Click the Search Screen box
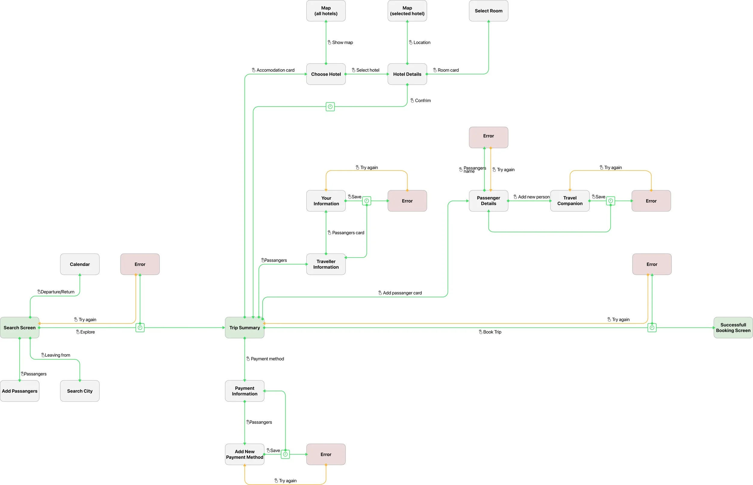click(x=20, y=327)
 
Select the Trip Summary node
click(x=245, y=327)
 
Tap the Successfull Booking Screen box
click(x=733, y=327)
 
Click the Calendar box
click(x=80, y=264)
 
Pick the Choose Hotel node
click(x=326, y=74)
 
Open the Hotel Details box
click(x=407, y=74)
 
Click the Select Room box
click(x=488, y=11)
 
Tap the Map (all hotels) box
click(x=326, y=11)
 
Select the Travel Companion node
click(x=570, y=201)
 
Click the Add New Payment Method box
click(x=245, y=454)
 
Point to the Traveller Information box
click(x=326, y=264)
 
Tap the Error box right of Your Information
click(x=407, y=201)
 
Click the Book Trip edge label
click(x=492, y=332)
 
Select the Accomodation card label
click(x=275, y=70)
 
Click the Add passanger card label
click(x=402, y=293)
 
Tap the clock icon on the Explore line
click(x=140, y=327)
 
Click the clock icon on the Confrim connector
click(x=330, y=106)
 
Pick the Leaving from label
click(x=57, y=355)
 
